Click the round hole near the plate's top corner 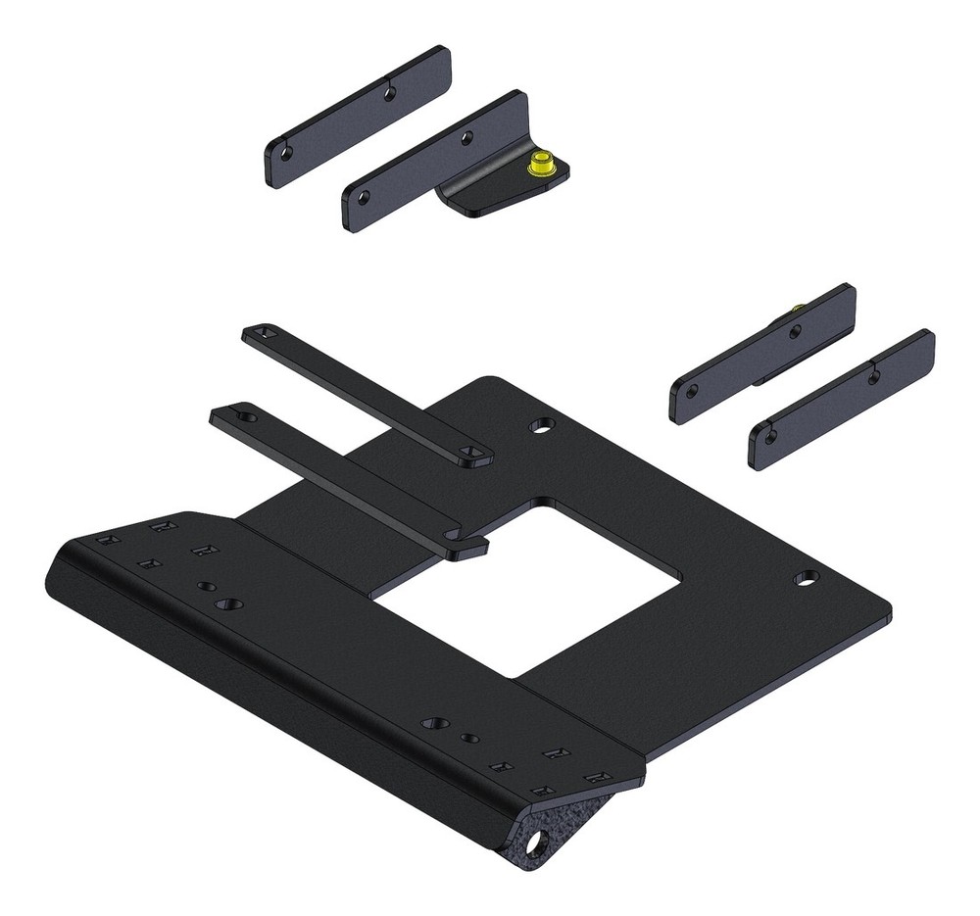click(540, 426)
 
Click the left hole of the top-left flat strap click(286, 154)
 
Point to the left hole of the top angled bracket click(363, 196)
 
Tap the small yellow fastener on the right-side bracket click(799, 311)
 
